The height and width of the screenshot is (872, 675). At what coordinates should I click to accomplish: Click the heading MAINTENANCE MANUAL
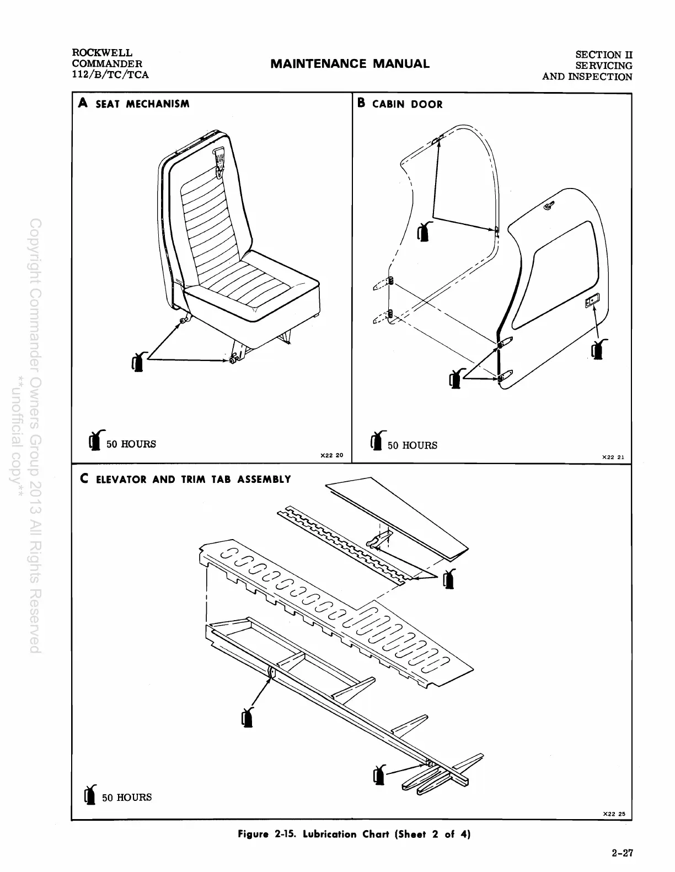pyautogui.click(x=350, y=64)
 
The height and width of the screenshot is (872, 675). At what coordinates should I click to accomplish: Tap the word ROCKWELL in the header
pyautogui.click(x=102, y=53)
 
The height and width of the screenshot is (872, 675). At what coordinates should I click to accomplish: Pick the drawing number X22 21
pyautogui.click(x=613, y=457)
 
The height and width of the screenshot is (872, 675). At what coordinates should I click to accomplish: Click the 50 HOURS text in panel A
pyautogui.click(x=131, y=444)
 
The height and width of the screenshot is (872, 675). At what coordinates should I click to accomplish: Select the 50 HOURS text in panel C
pyautogui.click(x=126, y=798)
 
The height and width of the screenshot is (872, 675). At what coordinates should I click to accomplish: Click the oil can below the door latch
pyautogui.click(x=597, y=349)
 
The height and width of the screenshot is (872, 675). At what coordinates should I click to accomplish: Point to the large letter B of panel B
pyautogui.click(x=362, y=103)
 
